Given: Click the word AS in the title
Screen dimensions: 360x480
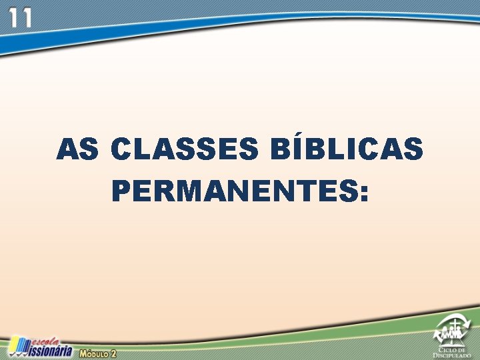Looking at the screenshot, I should tap(77, 149).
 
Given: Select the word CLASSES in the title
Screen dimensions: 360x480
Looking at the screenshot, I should tap(184, 149).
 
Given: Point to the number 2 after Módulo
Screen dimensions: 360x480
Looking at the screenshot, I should tap(113, 353).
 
